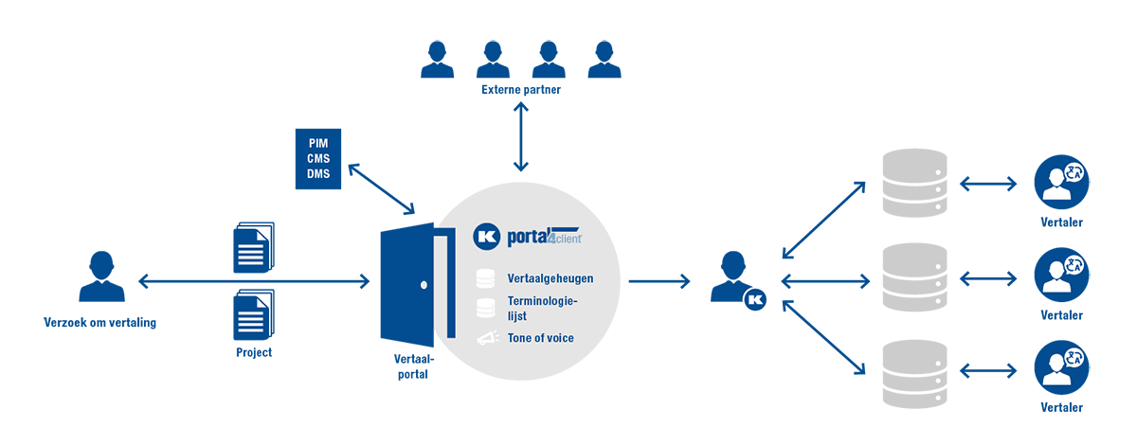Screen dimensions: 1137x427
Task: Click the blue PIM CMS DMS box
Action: click(318, 159)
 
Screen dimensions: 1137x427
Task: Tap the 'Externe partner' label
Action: click(521, 90)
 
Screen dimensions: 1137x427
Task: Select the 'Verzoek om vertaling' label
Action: click(100, 323)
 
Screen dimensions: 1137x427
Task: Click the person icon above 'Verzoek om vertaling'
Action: click(101, 276)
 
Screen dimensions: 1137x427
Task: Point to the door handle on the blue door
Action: click(424, 285)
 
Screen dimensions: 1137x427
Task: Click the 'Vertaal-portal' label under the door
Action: click(413, 366)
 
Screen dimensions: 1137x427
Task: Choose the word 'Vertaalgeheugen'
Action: click(550, 278)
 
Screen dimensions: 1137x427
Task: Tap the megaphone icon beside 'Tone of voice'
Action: click(488, 338)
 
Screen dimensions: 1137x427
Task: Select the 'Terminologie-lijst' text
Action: click(542, 309)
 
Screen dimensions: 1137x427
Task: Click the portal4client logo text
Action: click(544, 237)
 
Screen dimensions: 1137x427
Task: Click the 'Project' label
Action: click(254, 352)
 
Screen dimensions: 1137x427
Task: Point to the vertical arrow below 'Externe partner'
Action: click(521, 137)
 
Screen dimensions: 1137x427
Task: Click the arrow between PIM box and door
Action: click(381, 188)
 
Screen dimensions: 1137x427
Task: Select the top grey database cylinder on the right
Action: click(914, 183)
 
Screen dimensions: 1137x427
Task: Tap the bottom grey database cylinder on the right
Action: click(914, 374)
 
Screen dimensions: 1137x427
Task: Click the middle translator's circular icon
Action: click(1061, 275)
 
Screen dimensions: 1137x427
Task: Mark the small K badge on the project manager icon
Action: click(755, 299)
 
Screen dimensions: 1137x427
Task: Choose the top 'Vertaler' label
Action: click(1061, 222)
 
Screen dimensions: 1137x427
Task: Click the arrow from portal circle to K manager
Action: click(659, 281)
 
